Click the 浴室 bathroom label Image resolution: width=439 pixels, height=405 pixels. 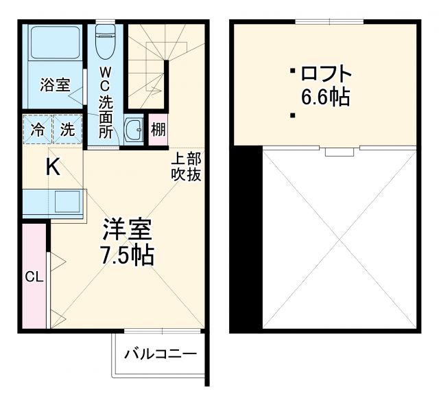[x=54, y=85]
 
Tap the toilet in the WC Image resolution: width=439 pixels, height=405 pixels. [x=106, y=41]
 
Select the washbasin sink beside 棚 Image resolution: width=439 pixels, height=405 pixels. [x=134, y=129]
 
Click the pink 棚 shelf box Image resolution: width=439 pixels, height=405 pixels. [x=158, y=129]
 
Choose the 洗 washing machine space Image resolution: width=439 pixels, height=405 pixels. [x=67, y=128]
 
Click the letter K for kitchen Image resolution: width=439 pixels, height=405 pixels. [x=53, y=167]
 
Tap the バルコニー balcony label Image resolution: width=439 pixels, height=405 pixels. [x=161, y=354]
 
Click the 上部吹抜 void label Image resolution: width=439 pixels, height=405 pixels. [x=186, y=167]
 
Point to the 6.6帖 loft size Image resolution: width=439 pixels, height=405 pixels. [x=326, y=97]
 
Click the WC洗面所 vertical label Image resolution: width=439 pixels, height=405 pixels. [x=106, y=102]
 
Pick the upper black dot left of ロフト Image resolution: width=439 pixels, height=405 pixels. [x=292, y=70]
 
